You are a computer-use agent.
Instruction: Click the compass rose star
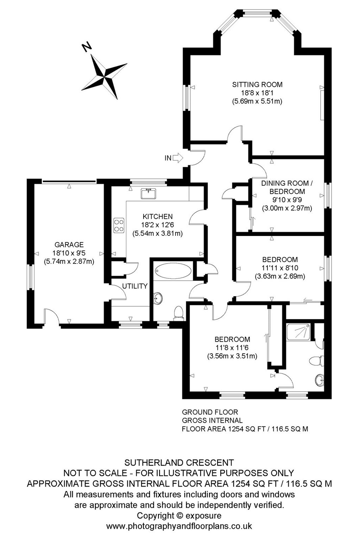[x=104, y=76]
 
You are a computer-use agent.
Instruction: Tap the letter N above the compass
[x=86, y=47]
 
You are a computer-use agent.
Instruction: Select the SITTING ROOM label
[x=257, y=85]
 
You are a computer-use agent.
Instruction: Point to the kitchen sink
[x=149, y=194]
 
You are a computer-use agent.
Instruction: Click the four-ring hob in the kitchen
[x=119, y=225]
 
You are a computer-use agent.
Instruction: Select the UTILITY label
[x=135, y=286]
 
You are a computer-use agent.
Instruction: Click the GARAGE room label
[x=69, y=245]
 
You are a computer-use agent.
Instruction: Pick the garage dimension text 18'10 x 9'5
[x=69, y=253]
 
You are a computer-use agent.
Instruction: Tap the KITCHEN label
[x=158, y=216]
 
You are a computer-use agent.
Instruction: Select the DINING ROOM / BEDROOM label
[x=287, y=187]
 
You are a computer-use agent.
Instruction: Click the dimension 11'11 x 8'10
[x=280, y=268]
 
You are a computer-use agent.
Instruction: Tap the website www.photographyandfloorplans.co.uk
[x=179, y=526]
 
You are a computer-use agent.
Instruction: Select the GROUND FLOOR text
[x=210, y=412]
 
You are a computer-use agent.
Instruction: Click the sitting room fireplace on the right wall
[x=322, y=105]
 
